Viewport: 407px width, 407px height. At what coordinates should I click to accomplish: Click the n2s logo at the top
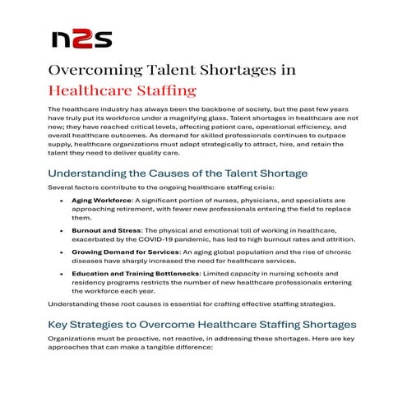pos(80,38)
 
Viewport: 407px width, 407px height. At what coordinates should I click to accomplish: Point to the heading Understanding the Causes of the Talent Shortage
pos(178,173)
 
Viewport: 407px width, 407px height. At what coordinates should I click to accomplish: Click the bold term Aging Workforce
pos(100,200)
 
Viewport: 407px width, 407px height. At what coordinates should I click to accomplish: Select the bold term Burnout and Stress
pos(105,229)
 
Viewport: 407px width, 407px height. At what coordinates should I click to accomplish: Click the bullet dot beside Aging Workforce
pos(62,200)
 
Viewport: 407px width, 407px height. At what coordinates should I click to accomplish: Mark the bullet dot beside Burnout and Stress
pos(62,229)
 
